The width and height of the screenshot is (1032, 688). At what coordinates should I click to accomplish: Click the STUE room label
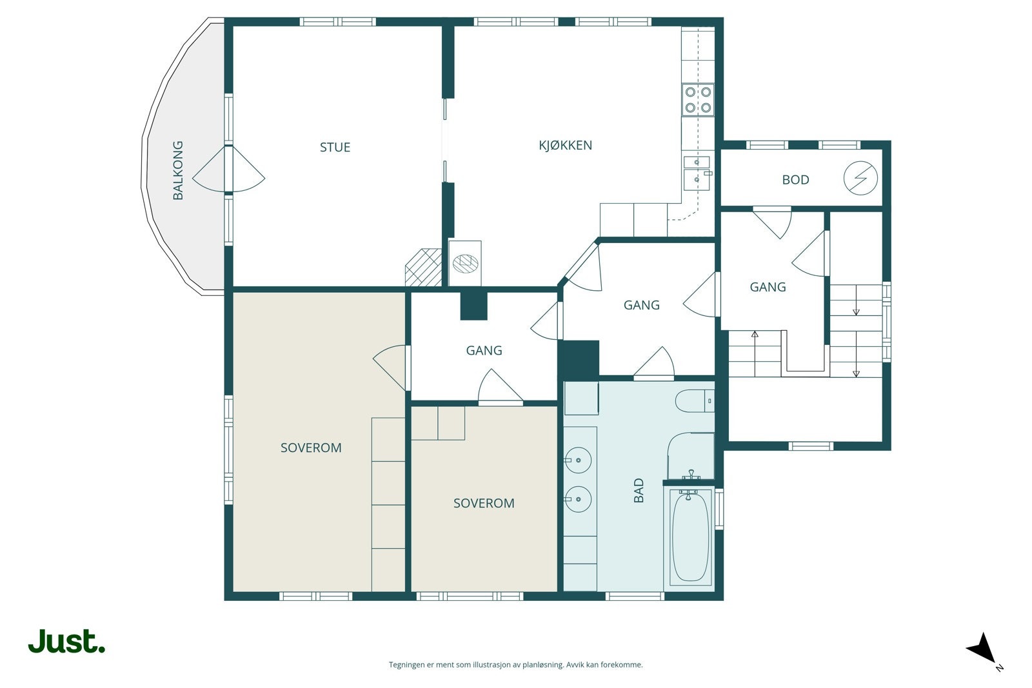[335, 148]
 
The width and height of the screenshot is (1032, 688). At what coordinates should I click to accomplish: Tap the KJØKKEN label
[565, 145]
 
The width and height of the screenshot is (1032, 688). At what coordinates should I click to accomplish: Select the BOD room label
[796, 180]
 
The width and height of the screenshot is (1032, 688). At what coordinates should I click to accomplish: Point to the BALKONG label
[178, 170]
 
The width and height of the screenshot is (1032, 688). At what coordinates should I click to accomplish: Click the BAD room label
[639, 491]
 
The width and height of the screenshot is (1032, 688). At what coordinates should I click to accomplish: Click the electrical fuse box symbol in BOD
[860, 178]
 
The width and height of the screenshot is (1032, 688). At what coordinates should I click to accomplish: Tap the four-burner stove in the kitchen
[697, 99]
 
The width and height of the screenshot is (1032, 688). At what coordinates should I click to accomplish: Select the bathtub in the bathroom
[690, 537]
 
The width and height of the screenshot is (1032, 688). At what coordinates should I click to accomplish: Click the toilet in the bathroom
[695, 401]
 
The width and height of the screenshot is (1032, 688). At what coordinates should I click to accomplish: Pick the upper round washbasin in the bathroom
[578, 460]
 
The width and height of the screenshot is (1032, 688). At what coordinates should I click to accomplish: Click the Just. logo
[66, 642]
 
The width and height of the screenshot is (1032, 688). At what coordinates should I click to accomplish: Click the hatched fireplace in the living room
[423, 268]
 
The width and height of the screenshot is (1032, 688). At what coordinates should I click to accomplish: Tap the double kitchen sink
[697, 173]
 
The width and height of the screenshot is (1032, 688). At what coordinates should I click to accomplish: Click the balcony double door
[228, 168]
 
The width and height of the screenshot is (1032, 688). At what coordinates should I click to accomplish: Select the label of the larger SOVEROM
[311, 447]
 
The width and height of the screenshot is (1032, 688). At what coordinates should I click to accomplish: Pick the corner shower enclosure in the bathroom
[691, 455]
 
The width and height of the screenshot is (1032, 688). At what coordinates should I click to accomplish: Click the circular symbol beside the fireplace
[465, 264]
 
